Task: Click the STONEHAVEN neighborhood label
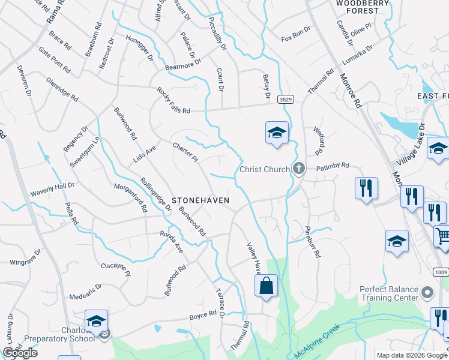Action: pos(200,200)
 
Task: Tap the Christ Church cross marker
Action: pos(298,169)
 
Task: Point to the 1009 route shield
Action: pos(440,271)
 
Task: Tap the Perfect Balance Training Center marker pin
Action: pos(427,293)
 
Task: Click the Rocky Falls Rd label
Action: pos(173,100)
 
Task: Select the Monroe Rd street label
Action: pos(351,89)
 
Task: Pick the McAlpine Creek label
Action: pos(316,342)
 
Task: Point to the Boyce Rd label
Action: pos(202,315)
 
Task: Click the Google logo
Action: pos(20,353)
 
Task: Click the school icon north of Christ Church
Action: pos(277,132)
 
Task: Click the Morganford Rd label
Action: pos(131,198)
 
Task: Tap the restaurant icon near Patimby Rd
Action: pos(366,188)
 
